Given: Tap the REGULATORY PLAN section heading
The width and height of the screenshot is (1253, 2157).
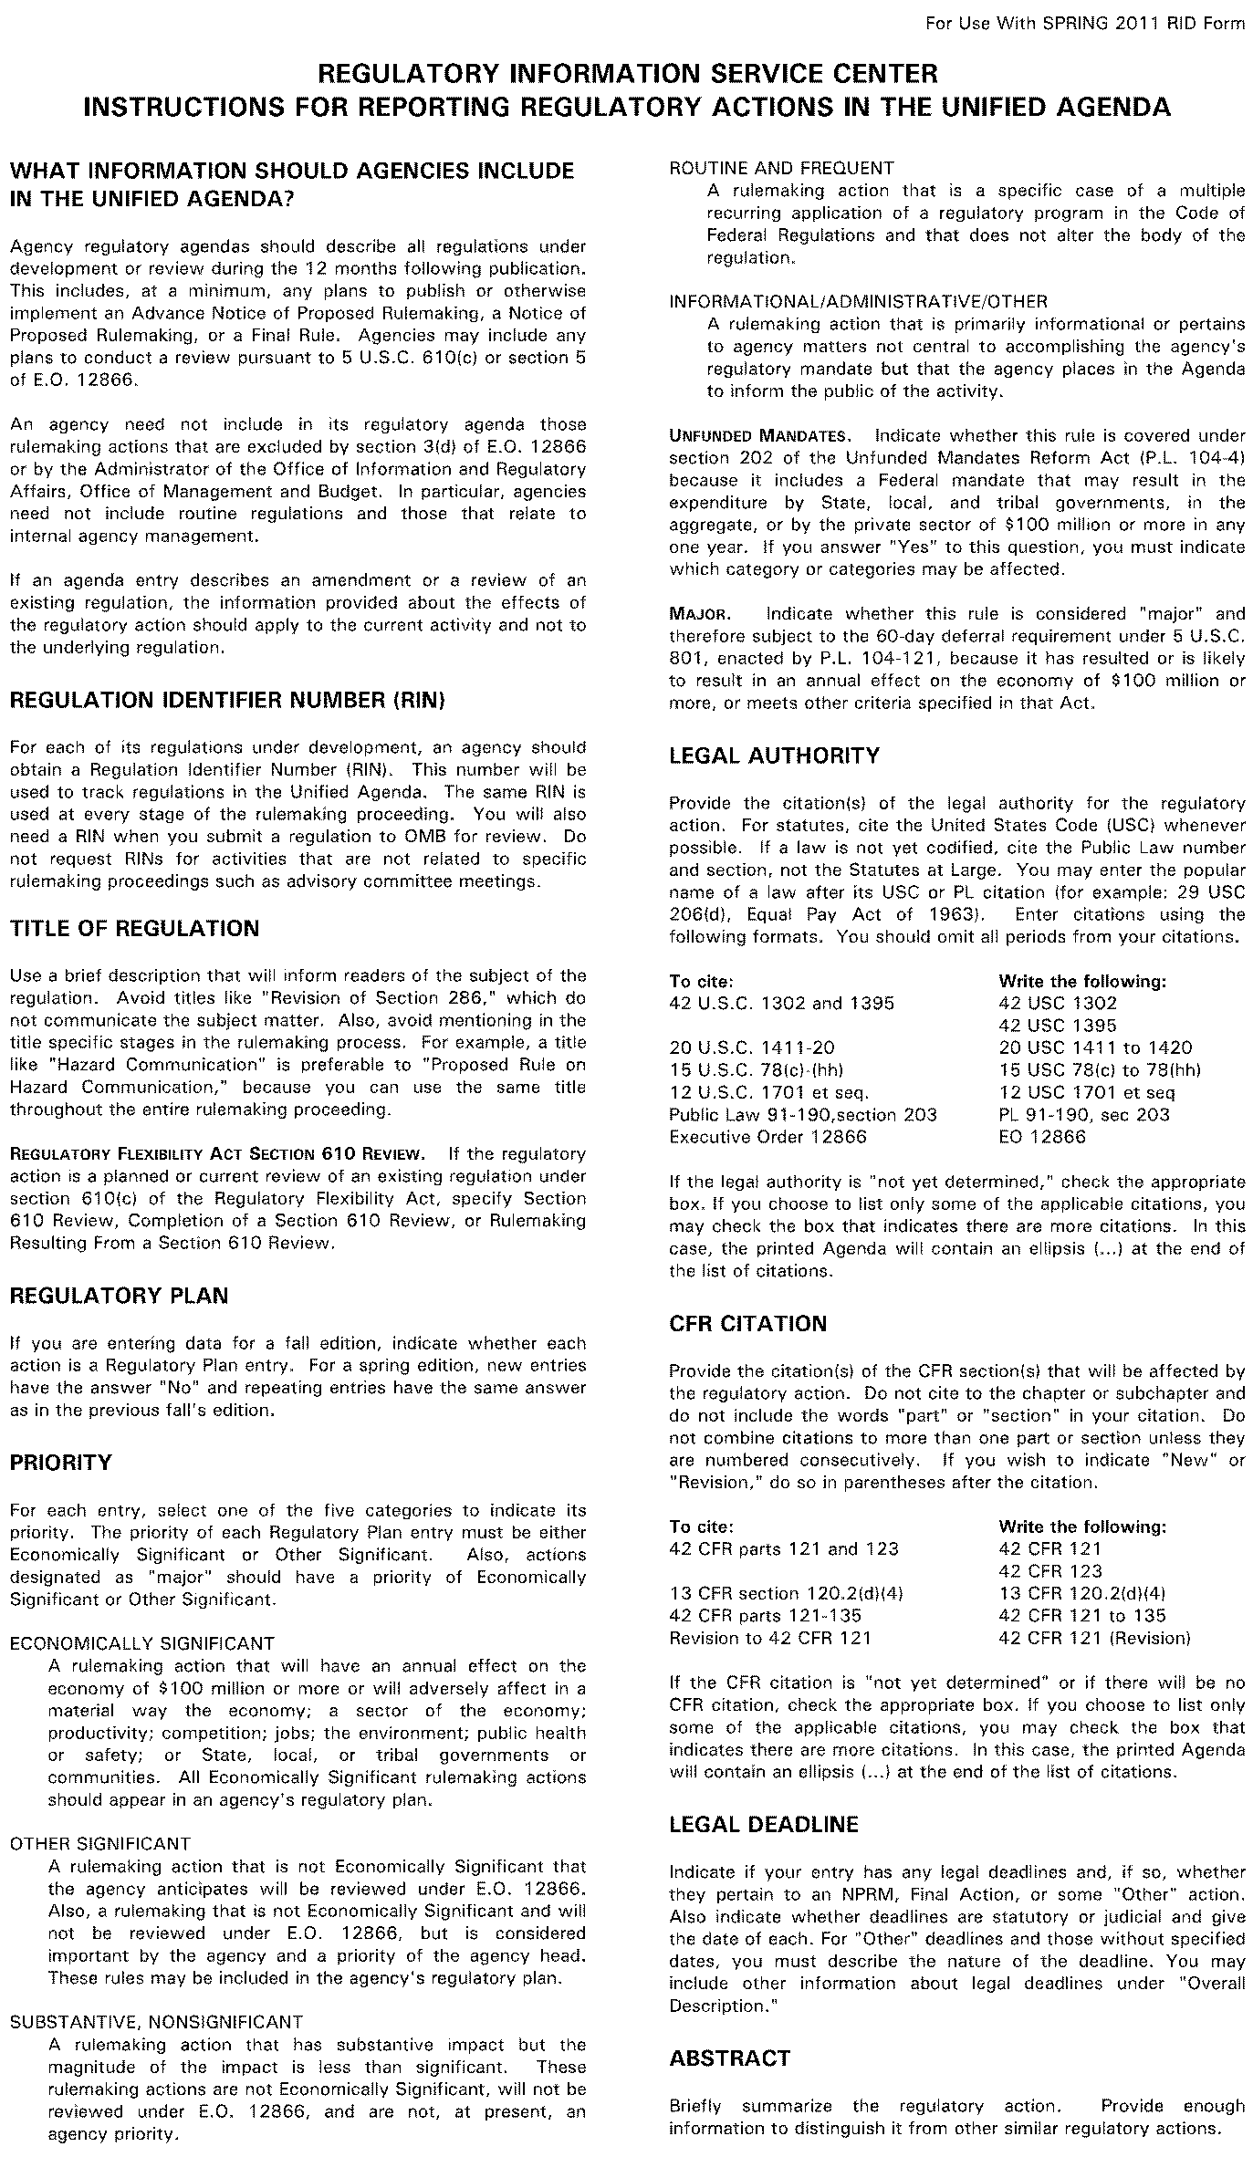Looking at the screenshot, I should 119,1296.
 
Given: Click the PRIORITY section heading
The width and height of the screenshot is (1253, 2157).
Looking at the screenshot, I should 60,1463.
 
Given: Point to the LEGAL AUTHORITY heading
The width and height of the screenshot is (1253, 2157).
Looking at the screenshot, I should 775,755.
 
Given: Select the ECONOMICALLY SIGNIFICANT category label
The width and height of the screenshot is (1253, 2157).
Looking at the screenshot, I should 141,1643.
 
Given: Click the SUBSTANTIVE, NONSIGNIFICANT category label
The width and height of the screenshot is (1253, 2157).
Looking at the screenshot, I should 155,1996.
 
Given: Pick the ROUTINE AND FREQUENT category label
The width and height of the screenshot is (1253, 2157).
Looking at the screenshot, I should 781,168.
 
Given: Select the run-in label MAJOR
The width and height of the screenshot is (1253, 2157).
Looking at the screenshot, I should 697,613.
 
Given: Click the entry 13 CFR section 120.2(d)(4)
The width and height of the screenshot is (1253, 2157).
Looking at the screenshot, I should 786,1593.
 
